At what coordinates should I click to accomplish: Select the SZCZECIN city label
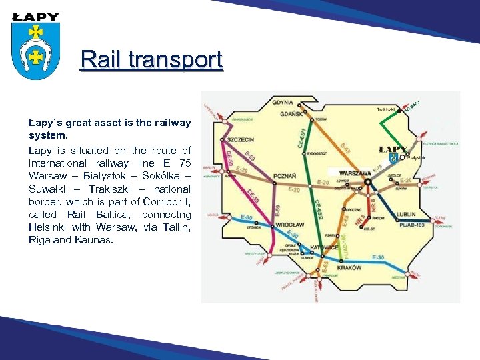(x=241, y=140)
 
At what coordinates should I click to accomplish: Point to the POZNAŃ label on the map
(x=285, y=176)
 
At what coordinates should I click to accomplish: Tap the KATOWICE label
(x=325, y=247)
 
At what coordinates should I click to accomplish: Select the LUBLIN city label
(x=405, y=215)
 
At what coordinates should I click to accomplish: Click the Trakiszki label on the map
(x=386, y=109)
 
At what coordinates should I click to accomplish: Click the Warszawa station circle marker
(x=368, y=181)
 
